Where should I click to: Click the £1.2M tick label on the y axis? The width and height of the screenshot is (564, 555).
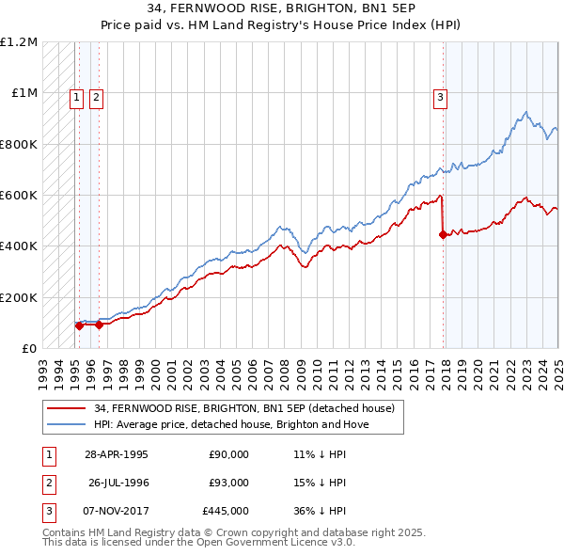pos(19,42)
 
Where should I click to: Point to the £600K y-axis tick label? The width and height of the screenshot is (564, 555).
pos(19,196)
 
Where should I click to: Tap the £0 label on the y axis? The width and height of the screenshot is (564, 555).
pos(29,349)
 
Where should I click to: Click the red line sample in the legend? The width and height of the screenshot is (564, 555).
pos(66,408)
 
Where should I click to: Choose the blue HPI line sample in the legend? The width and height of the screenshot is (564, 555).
pos(66,424)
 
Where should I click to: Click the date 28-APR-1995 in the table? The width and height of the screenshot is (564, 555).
pos(117,453)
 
